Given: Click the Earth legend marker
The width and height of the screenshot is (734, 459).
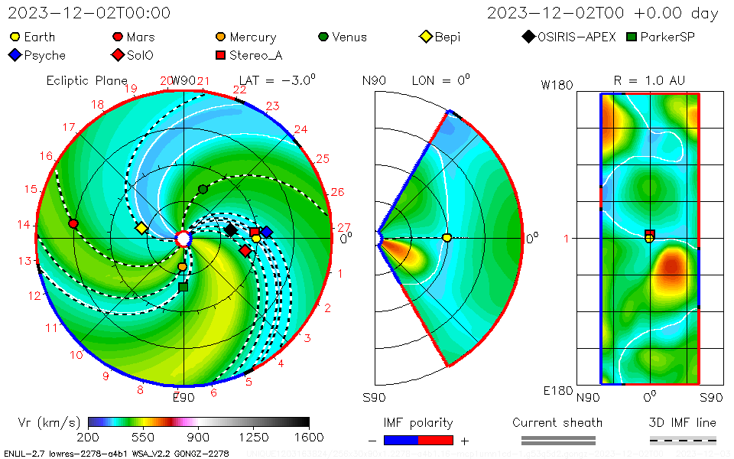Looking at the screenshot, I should [x=15, y=37].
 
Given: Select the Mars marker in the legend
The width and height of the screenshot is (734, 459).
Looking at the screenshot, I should [x=118, y=37].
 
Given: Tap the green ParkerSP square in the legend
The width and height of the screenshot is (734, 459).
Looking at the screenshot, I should [x=632, y=37].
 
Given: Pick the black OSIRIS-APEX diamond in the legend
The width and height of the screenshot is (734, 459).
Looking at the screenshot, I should [x=528, y=37].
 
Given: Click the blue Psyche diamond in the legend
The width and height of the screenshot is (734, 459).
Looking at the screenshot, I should [x=15, y=55].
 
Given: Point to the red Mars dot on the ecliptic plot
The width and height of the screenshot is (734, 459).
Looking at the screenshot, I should [x=73, y=223].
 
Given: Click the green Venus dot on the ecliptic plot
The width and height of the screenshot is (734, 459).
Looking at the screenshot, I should [x=203, y=189].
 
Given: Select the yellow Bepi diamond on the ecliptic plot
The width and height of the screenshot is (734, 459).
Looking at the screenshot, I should [x=141, y=228].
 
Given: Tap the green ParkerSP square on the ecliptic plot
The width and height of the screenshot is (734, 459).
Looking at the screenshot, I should [x=183, y=287].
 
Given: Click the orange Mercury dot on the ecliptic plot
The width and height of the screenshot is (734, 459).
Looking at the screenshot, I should [x=182, y=267].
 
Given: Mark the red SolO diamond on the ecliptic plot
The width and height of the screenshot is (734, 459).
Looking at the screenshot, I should [x=245, y=251].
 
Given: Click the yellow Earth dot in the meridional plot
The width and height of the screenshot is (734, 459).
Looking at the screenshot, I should [x=447, y=238].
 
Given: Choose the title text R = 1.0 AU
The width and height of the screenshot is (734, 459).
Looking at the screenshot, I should [x=649, y=80].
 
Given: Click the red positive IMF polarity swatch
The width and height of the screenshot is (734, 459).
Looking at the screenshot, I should [x=436, y=440].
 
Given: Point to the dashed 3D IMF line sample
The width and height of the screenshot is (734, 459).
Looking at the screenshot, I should [x=683, y=440].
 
